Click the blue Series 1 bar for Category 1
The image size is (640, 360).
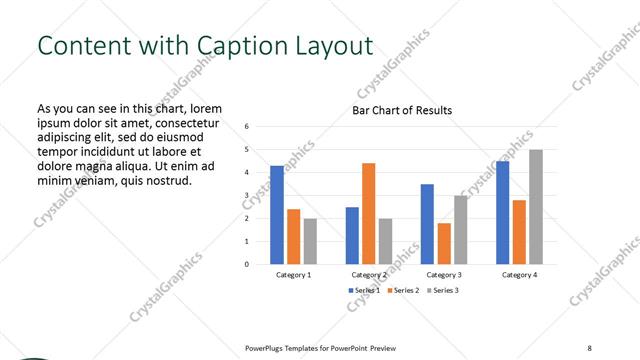point(277,215)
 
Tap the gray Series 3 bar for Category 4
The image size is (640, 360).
point(536,207)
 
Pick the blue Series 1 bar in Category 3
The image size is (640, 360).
point(427,224)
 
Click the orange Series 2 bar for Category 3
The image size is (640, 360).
point(444,244)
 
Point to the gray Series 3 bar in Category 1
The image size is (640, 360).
point(310,241)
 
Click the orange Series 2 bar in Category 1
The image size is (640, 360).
point(294,237)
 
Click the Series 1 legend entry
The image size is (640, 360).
point(365,290)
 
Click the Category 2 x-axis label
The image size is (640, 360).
point(369,274)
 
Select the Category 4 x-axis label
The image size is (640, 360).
point(519,274)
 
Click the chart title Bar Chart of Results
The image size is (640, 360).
point(402,110)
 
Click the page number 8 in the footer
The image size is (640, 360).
point(589,348)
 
